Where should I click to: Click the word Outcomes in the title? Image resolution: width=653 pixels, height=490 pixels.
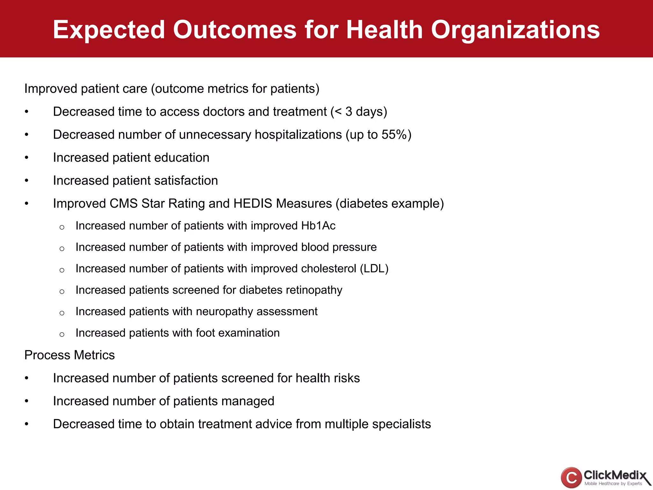click(x=235, y=30)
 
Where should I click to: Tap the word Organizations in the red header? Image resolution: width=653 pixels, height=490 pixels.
click(x=515, y=30)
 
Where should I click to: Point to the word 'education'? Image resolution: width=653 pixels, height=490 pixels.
click(x=182, y=158)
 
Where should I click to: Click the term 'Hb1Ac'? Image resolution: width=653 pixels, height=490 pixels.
click(x=318, y=226)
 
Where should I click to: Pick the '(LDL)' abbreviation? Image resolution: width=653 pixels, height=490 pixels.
click(x=374, y=269)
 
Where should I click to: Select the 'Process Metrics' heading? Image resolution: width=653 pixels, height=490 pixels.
click(x=70, y=355)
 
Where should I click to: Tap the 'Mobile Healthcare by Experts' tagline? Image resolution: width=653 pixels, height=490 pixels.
click(x=613, y=484)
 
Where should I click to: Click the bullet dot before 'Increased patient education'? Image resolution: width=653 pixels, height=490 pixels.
click(x=27, y=158)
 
